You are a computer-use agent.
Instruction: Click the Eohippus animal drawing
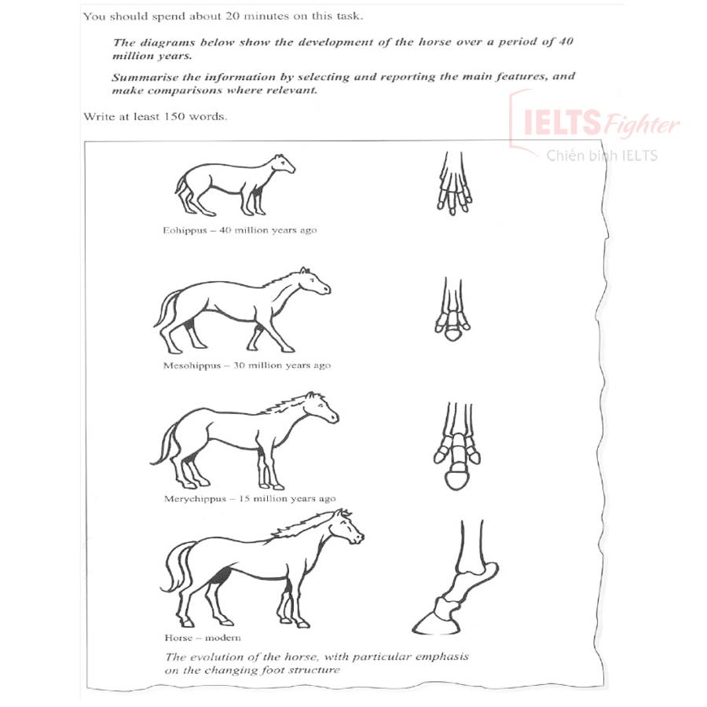tap(233, 185)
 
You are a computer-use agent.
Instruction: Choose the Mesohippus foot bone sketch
tap(452, 310)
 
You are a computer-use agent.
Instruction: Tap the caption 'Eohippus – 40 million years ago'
tap(240, 230)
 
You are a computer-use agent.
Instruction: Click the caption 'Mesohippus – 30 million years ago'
tap(247, 365)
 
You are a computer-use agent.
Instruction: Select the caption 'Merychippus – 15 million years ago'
tap(250, 499)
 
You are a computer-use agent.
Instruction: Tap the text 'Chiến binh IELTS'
tap(602, 156)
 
